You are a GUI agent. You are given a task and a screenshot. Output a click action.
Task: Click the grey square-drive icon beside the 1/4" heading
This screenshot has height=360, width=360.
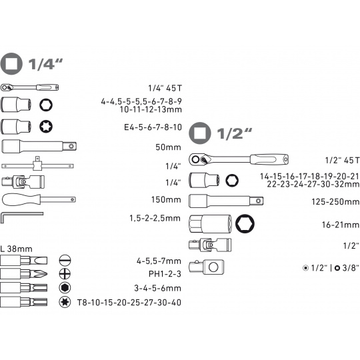click(x=11, y=64)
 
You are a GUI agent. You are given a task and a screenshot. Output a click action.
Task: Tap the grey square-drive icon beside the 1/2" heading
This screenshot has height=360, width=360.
click(x=199, y=133)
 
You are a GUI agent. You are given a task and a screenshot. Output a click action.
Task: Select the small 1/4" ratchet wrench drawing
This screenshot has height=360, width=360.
click(x=29, y=87)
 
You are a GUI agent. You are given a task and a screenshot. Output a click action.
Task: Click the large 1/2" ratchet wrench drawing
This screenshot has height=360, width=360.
click(x=239, y=159)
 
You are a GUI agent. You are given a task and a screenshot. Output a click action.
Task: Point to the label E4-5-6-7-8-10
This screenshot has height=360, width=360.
click(x=153, y=127)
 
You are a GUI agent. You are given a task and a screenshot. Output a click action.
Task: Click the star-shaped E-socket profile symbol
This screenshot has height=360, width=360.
click(x=46, y=127)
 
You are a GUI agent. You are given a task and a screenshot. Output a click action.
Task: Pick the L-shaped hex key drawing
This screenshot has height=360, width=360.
click(x=21, y=217)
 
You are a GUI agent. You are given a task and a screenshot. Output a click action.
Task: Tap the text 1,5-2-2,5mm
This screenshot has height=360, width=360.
click(x=155, y=219)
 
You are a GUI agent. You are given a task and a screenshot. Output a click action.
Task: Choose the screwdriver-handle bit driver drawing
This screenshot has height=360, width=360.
click(x=39, y=200)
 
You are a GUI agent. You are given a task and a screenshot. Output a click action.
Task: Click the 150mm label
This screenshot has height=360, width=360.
click(x=166, y=199)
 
